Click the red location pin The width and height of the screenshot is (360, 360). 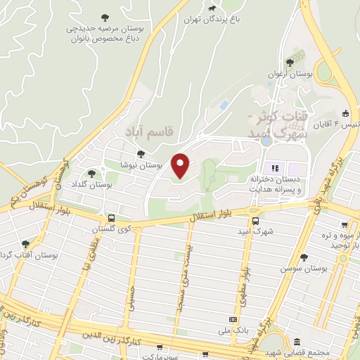coord(181,165)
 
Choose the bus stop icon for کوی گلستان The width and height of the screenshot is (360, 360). coord(111,218)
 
